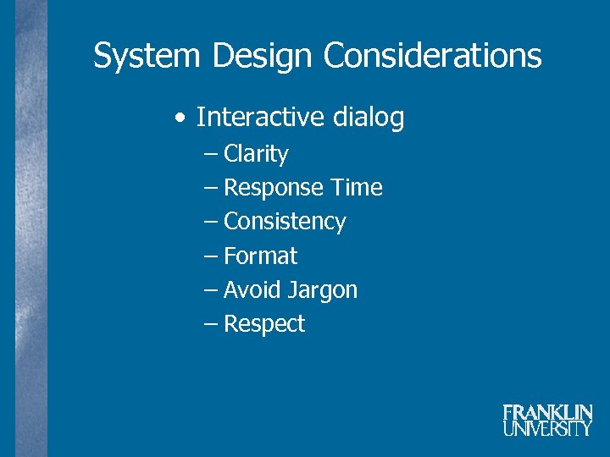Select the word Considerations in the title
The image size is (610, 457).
pos(432,57)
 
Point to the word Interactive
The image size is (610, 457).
pos(261,118)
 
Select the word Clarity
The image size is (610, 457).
pos(256,154)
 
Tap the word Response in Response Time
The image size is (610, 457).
pos(274,188)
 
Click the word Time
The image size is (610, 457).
pos(357,188)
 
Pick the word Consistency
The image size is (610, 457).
pos(285,222)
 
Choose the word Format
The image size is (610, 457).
pos(260,256)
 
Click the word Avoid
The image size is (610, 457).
pos(252,290)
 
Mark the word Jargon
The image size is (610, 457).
pos(323,290)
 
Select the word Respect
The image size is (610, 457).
pos(264,324)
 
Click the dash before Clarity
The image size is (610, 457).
pos(211,155)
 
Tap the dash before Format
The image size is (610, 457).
pos(211,256)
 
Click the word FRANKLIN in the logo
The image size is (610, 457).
pos(547,413)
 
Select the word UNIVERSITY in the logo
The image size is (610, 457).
pos(547,429)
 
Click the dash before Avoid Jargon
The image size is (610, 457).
pos(211,290)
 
